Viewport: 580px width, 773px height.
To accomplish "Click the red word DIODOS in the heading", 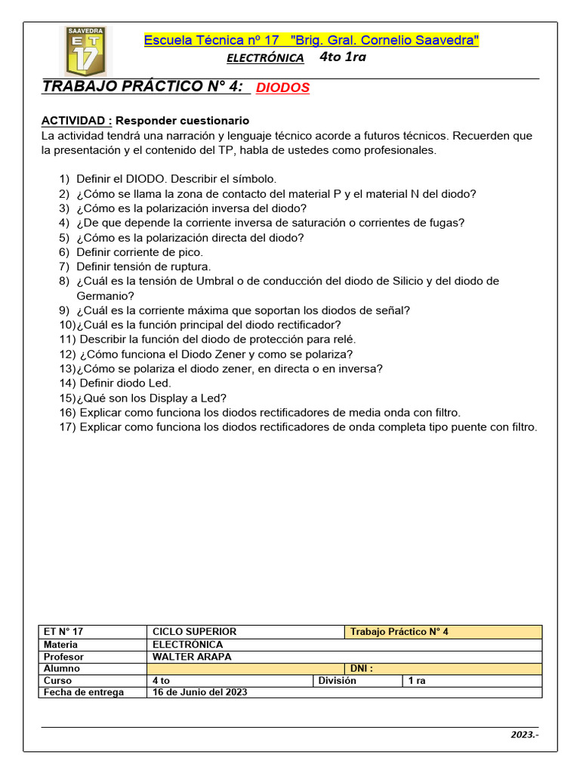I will click(282, 88).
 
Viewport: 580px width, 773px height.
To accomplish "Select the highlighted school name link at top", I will click(311, 41).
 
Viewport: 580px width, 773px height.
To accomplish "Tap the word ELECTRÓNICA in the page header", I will click(265, 58).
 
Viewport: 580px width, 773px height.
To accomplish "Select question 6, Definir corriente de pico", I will click(139, 252).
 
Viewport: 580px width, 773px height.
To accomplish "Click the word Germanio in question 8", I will click(105, 296).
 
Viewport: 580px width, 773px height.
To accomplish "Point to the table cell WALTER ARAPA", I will click(191, 657).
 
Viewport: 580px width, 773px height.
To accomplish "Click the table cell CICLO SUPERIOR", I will click(194, 632).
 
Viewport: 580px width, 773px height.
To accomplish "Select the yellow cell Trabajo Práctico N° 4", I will click(400, 632).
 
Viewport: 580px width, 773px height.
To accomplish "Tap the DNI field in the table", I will click(361, 669).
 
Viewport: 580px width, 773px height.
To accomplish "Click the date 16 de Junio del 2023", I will click(199, 692).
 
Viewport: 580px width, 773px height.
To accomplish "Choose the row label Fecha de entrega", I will click(84, 692).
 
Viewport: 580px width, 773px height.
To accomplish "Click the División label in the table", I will click(337, 680).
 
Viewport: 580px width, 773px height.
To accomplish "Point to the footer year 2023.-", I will click(524, 735).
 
